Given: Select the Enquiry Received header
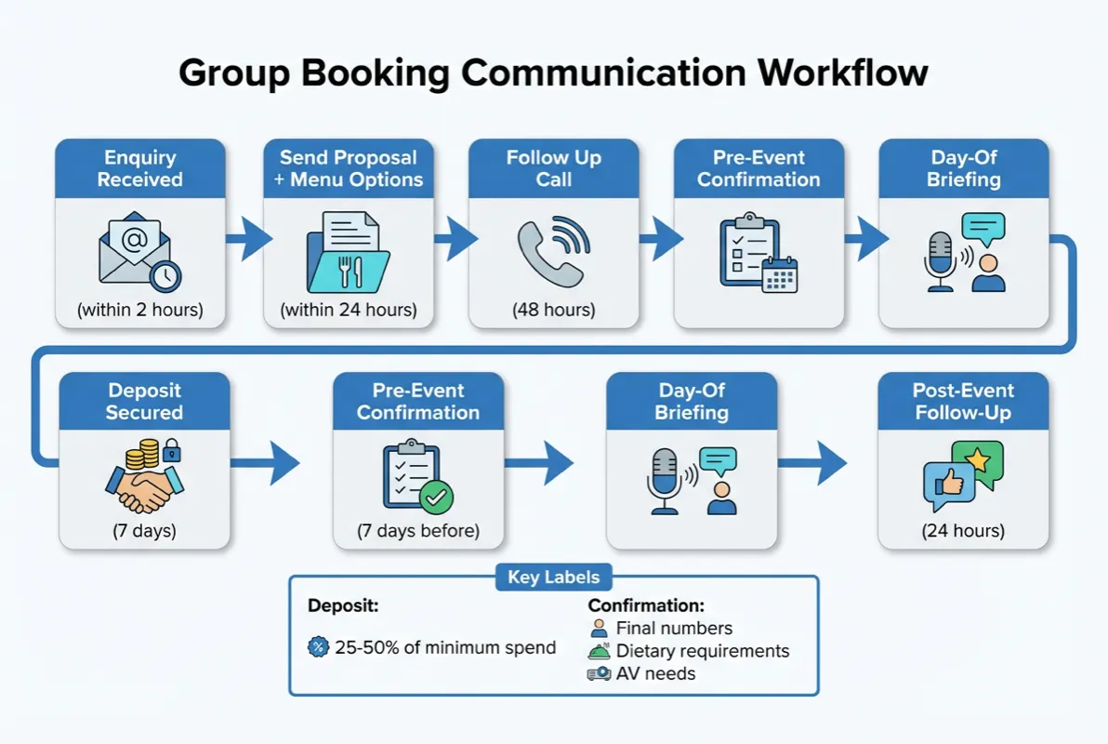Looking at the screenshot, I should pos(140,168).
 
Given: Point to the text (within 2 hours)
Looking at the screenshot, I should pos(140,310).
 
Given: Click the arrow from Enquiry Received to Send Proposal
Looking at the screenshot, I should pos(246,240).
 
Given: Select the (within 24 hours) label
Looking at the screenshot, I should pos(349,310).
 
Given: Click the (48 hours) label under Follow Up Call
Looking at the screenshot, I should pos(553,310).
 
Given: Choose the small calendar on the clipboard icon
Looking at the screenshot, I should pos(779,274).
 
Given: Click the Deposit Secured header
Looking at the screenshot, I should pos(144,401).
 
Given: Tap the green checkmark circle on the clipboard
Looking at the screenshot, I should pos(436,498).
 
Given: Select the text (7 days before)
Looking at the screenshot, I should pos(418,531).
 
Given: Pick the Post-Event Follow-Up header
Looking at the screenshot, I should pos(963,401).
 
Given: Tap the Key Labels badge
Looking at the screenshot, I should pos(553,577).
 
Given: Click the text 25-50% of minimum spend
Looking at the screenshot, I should pos(445,647).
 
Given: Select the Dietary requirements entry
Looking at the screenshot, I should pos(702,651).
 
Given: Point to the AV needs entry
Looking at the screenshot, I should pos(655,673).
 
